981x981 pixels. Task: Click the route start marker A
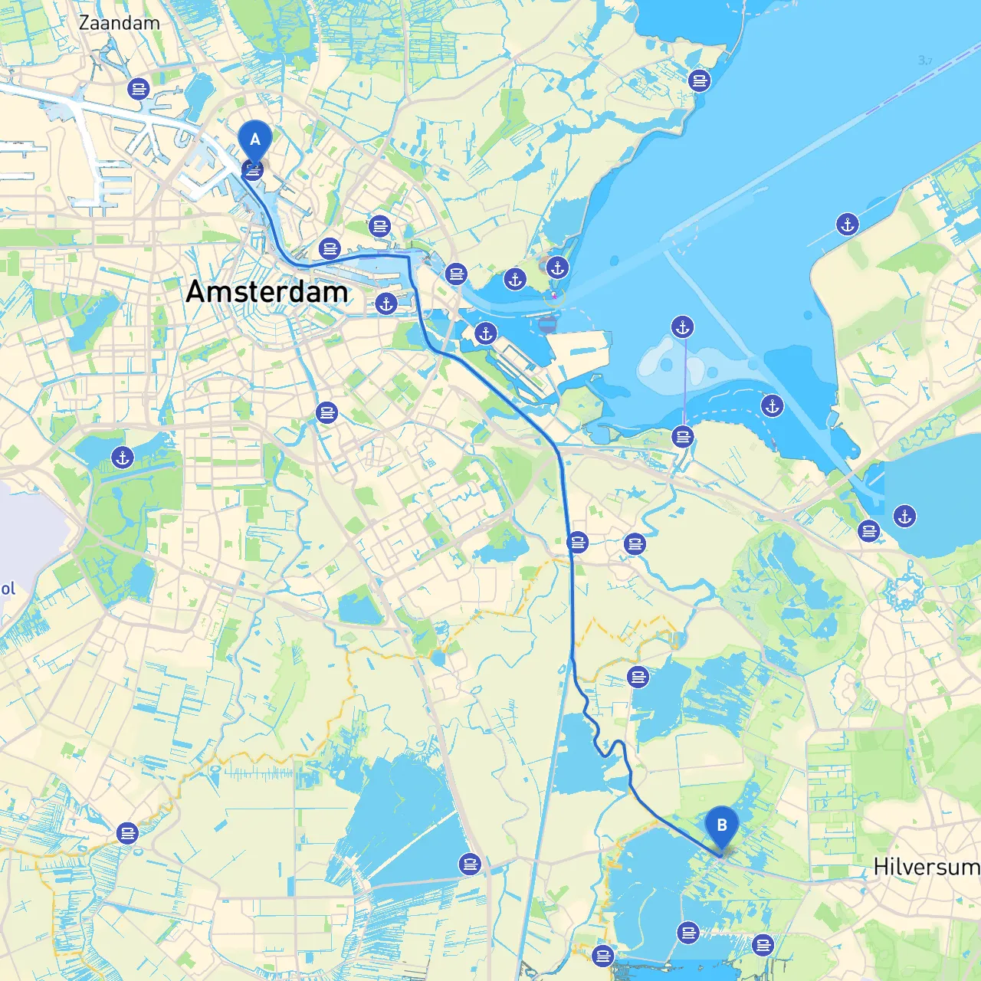[254, 141]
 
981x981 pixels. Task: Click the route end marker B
[721, 826]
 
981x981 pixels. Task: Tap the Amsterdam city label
[267, 292]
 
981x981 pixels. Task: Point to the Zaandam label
[120, 23]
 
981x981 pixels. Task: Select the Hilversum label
[926, 867]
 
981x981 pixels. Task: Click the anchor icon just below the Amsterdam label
[386, 303]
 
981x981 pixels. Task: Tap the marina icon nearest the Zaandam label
[139, 90]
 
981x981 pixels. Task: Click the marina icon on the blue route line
[578, 543]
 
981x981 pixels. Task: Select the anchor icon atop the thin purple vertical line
[682, 327]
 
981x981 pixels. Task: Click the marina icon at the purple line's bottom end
[682, 437]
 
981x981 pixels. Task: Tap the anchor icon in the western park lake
[123, 458]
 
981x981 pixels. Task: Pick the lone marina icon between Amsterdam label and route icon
[326, 413]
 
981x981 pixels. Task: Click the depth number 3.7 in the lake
[925, 61]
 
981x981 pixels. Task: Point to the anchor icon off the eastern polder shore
[847, 225]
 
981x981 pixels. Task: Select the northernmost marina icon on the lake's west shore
[699, 80]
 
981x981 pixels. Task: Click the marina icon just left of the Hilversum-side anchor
[868, 530]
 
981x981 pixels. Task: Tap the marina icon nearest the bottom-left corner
[127, 832]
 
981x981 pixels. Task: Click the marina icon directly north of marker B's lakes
[638, 677]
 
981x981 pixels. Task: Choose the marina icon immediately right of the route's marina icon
[635, 544]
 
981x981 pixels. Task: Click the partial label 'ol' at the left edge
[8, 589]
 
